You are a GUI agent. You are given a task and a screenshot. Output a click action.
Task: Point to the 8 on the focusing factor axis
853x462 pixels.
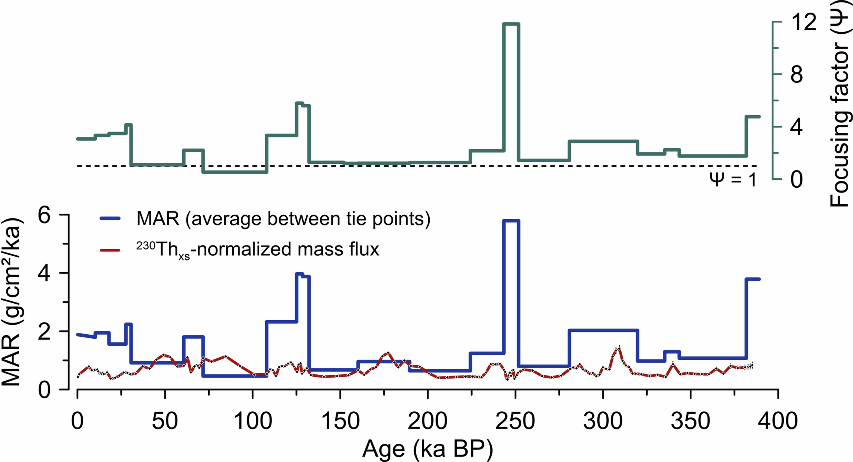click(796, 75)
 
